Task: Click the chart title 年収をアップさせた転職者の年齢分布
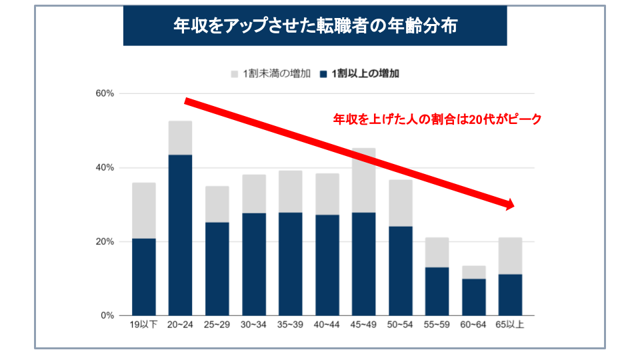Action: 315,26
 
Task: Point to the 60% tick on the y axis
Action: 105,93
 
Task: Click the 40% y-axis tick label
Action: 105,167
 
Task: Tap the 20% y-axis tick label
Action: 105,241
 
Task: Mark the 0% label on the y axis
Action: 107,315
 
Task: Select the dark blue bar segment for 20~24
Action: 180,235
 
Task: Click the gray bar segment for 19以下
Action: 144,210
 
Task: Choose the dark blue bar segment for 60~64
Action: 474,297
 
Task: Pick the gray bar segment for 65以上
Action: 510,255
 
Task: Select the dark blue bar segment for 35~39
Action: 290,263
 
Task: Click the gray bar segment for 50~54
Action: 400,203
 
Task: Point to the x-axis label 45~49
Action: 363,326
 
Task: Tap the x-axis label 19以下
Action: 143,326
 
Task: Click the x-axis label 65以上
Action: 510,326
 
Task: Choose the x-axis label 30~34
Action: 253,326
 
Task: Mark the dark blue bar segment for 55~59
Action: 437,291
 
